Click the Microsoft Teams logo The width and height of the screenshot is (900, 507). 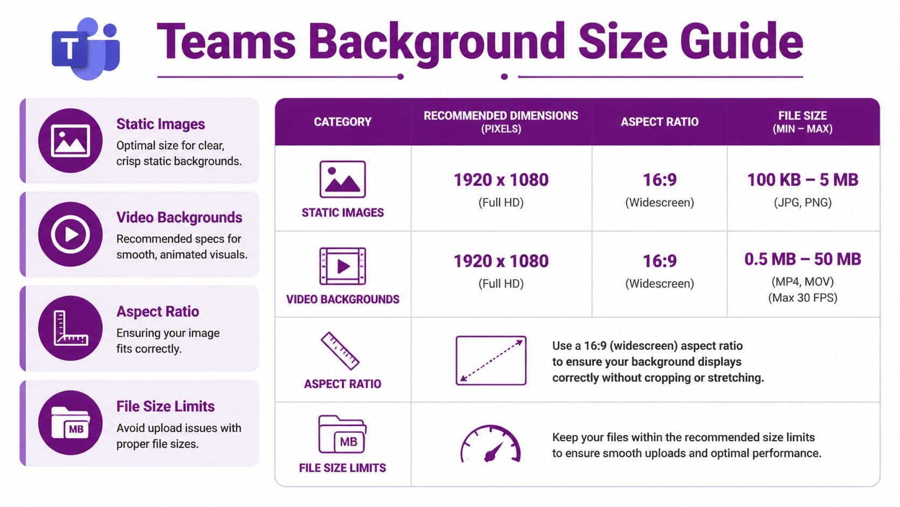(86, 48)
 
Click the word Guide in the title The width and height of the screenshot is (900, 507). (741, 41)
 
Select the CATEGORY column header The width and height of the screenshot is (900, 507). (342, 122)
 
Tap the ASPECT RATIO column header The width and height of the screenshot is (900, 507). (659, 122)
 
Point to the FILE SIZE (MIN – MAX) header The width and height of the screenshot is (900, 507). (802, 122)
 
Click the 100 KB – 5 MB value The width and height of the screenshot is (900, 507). (802, 180)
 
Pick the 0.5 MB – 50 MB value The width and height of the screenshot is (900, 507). (802, 260)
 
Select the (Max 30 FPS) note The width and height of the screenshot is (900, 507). (802, 298)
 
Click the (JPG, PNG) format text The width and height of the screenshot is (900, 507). (802, 203)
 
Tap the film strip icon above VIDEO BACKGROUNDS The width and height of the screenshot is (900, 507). (342, 266)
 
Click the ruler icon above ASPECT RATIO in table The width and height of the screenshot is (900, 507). (340, 351)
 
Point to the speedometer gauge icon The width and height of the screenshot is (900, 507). (490, 445)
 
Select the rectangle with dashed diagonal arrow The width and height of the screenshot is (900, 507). (490, 360)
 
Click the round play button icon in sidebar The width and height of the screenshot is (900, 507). (70, 234)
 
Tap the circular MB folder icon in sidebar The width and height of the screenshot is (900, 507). (70, 423)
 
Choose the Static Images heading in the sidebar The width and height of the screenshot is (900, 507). (160, 124)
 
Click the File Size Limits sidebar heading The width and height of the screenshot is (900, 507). (165, 406)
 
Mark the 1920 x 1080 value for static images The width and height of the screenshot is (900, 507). (501, 180)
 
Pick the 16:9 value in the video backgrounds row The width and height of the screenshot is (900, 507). (659, 261)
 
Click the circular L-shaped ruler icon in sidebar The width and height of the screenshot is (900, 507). (70, 328)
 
